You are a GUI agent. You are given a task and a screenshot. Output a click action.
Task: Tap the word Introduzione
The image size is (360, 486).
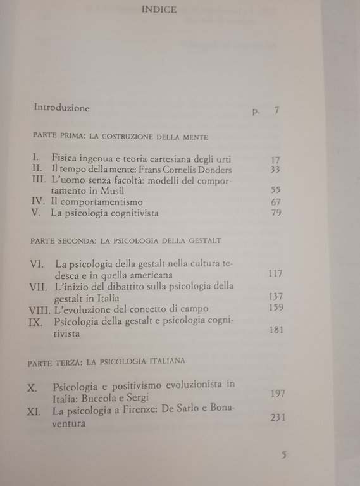point(61,108)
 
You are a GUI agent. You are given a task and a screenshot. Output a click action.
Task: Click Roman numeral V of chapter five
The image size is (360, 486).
point(35,213)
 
